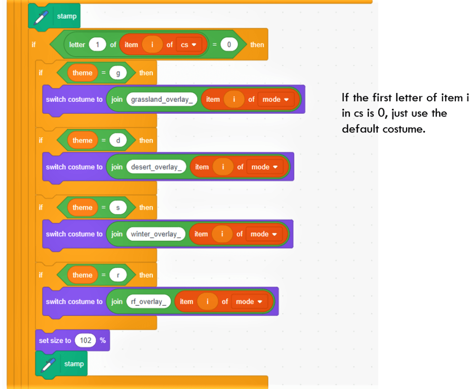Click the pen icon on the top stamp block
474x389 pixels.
41,17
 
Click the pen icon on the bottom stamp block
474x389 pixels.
48,364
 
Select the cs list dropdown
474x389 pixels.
189,45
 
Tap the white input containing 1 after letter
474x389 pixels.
97,45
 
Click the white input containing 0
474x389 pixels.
229,45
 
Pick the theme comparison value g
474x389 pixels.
118,73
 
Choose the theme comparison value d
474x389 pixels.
118,141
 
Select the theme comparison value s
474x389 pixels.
118,208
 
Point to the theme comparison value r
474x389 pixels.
118,275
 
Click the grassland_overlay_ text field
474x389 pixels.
162,99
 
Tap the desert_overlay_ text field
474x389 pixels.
156,167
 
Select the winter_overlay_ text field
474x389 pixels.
156,234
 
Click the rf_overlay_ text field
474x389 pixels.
149,302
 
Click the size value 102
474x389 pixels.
86,340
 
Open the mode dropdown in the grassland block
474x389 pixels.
276,99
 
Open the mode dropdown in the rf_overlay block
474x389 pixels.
249,302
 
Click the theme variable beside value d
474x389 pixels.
82,141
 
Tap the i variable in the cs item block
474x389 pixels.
152,45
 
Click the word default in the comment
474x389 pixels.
360,129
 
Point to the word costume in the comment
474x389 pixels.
404,130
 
